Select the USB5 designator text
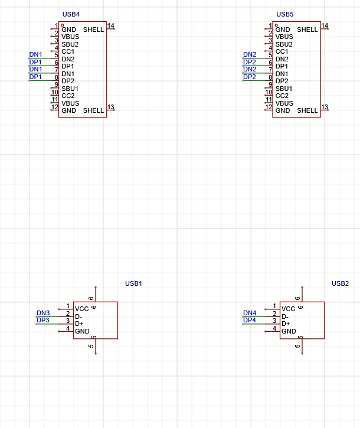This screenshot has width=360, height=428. tap(284, 14)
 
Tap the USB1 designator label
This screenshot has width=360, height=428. tap(133, 283)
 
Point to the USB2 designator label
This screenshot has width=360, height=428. tap(340, 283)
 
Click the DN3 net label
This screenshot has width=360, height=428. tap(43, 313)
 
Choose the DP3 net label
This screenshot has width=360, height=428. tap(43, 320)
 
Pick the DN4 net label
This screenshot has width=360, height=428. tap(250, 313)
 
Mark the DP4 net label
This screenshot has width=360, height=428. tap(250, 320)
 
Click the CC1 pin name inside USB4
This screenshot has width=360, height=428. tap(68, 51)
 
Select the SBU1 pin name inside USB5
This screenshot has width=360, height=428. tap(284, 89)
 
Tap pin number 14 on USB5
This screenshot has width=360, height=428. tap(325, 26)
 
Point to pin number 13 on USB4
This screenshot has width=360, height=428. tap(111, 107)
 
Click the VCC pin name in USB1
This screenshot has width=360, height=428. tap(82, 309)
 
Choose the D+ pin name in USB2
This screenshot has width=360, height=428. tap(286, 324)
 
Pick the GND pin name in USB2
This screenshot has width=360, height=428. tap(289, 331)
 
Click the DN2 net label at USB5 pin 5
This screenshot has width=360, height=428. tap(250, 54)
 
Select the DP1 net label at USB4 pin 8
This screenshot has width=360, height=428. tap(35, 77)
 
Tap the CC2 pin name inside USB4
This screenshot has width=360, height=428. tap(68, 96)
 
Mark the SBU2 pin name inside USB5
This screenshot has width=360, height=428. tap(284, 44)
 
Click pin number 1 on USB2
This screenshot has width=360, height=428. tap(274, 306)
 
